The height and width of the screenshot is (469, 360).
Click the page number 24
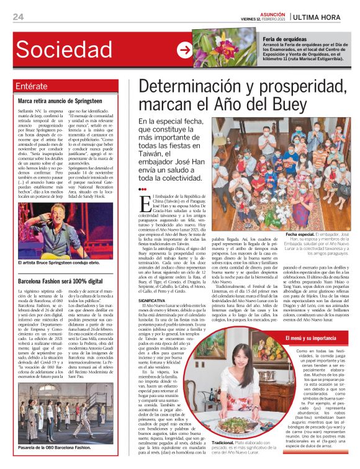tap(18, 16)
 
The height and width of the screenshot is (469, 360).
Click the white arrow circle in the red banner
tap(184, 50)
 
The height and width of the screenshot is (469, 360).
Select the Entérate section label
tap(32, 86)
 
